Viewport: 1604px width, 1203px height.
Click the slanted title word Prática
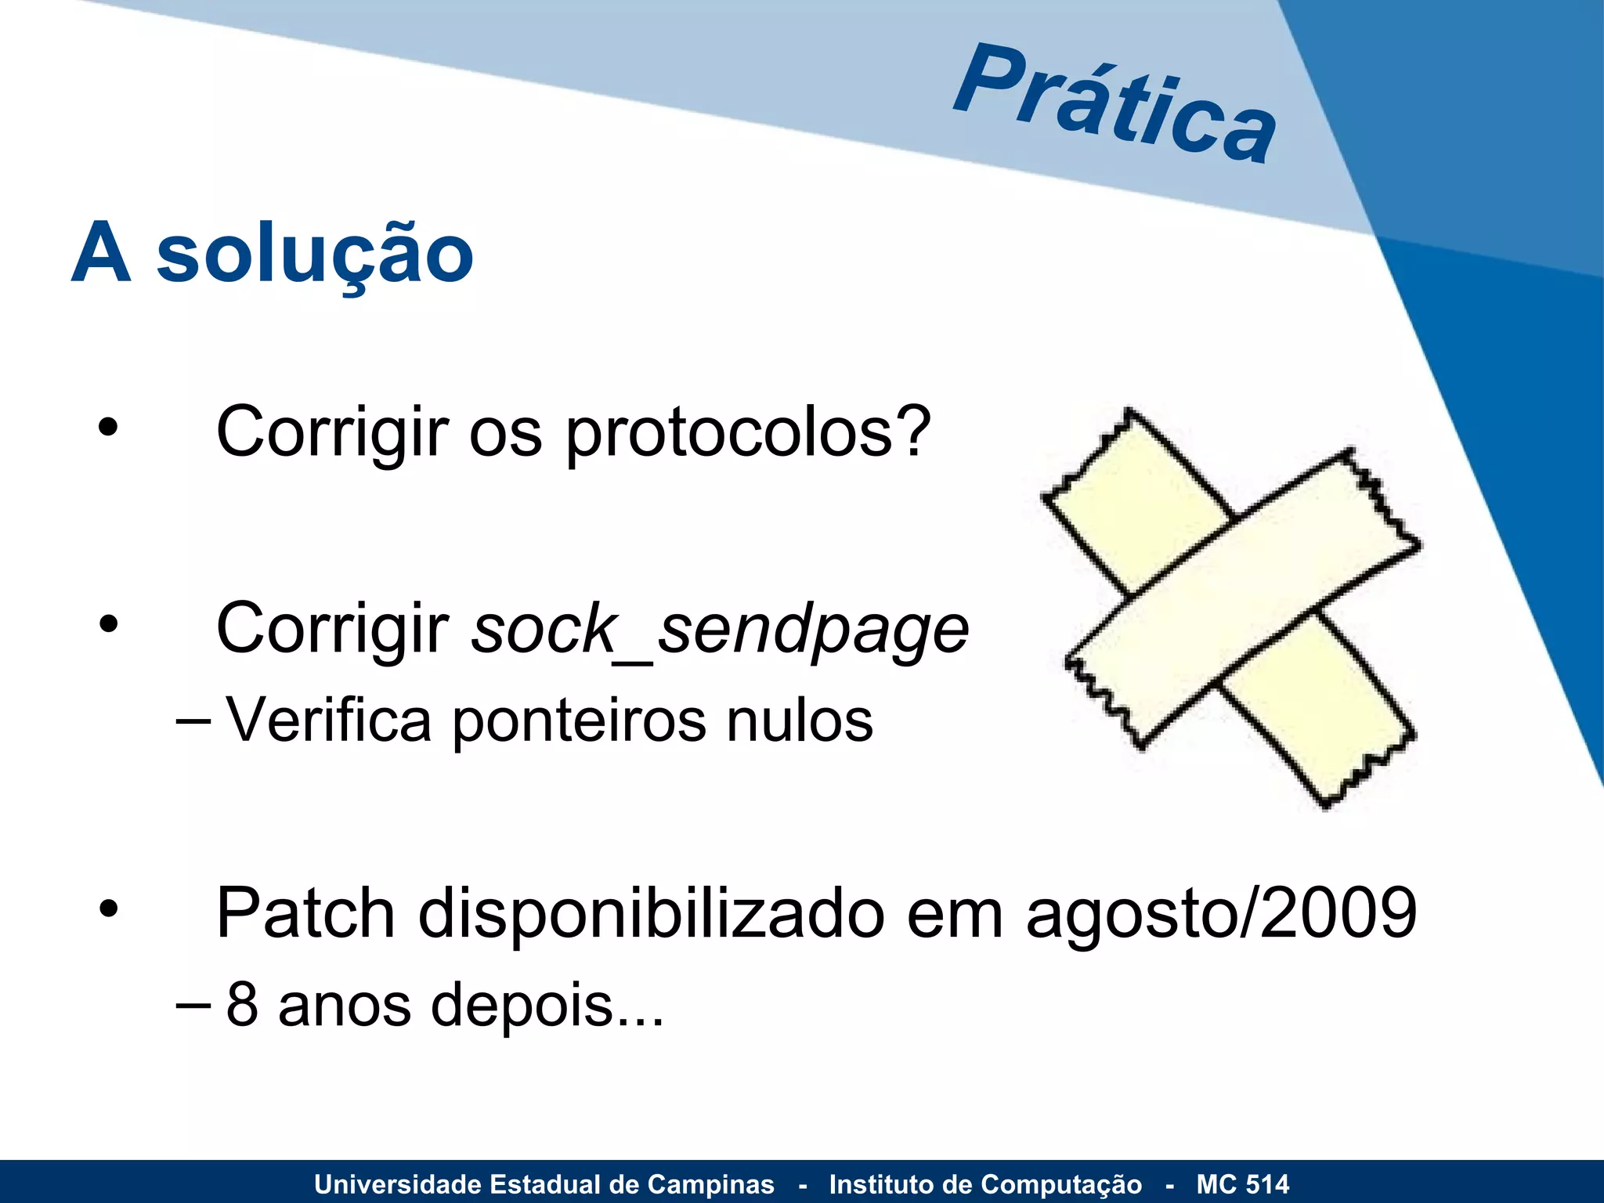point(1115,104)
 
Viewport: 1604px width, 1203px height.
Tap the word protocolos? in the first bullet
point(748,433)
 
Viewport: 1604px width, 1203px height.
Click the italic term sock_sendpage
point(720,630)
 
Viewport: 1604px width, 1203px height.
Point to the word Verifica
point(329,721)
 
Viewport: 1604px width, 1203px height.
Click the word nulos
point(799,721)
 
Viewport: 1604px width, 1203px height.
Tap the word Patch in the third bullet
point(305,913)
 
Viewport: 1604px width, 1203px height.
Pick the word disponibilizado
point(652,915)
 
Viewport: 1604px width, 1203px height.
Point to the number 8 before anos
point(242,1005)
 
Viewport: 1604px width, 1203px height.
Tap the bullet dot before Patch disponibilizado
point(108,909)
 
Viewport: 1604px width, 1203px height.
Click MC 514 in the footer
point(1242,1184)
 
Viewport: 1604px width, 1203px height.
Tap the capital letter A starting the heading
point(101,254)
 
